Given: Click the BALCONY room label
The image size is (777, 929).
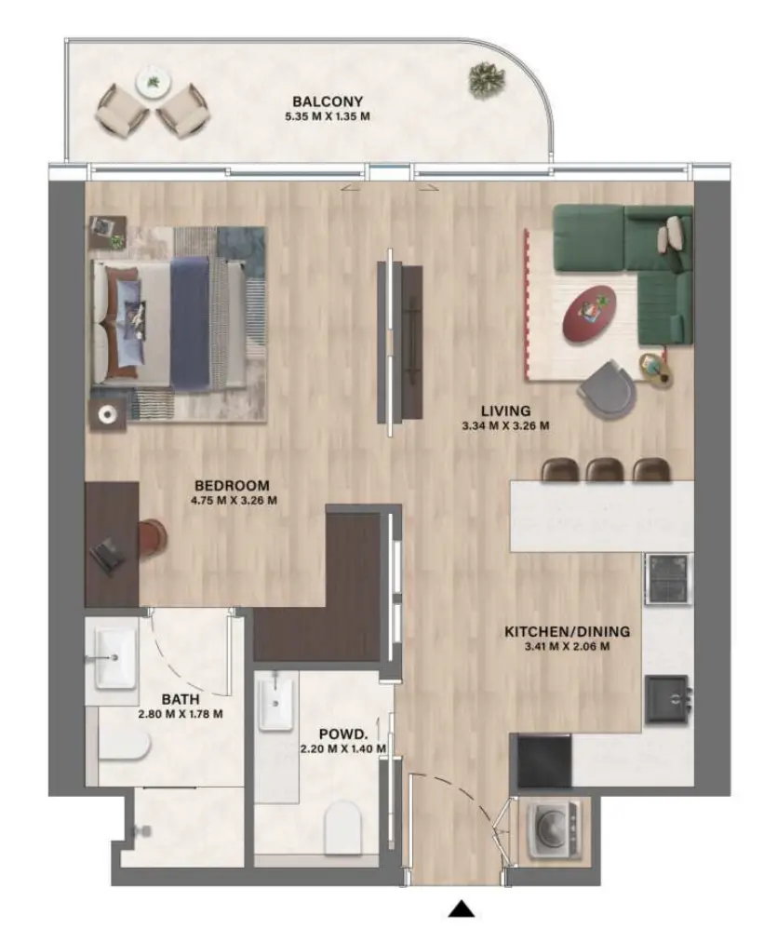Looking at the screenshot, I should pyautogui.click(x=327, y=101).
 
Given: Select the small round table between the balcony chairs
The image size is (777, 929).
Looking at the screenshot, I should pyautogui.click(x=151, y=83).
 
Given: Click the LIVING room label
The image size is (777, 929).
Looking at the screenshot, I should pyautogui.click(x=505, y=411).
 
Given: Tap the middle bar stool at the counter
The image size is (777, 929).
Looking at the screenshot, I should pyautogui.click(x=603, y=470).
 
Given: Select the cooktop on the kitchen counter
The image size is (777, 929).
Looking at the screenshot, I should pyautogui.click(x=667, y=578).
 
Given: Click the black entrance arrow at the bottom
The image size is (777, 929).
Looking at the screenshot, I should pyautogui.click(x=462, y=909).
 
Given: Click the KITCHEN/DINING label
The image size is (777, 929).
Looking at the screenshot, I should pyautogui.click(x=566, y=631).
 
